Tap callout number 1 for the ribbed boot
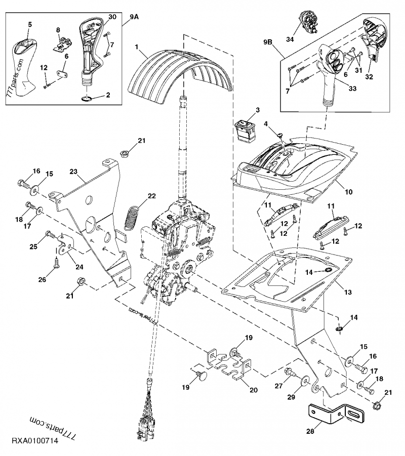pyautogui.click(x=136, y=47)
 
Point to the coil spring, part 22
pyautogui.click(x=133, y=217)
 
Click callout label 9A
pyautogui.click(x=134, y=17)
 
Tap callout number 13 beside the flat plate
pyautogui.click(x=348, y=292)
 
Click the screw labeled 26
pyautogui.click(x=56, y=263)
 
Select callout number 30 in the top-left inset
pyautogui.click(x=112, y=17)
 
